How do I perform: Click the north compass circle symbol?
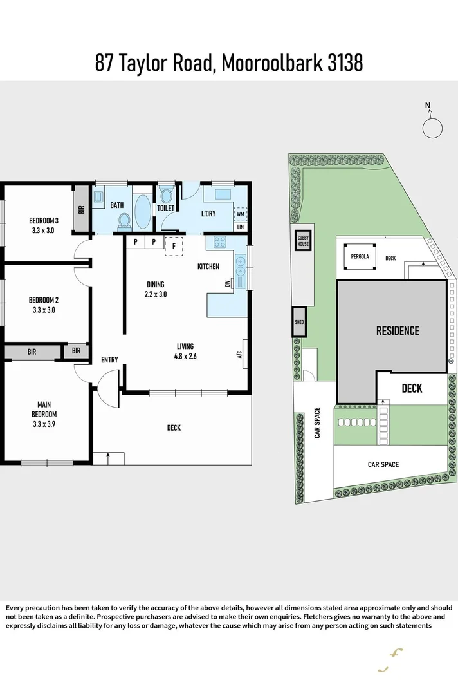[x=432, y=127]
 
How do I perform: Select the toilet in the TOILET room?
[x=166, y=195]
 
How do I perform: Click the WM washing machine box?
[x=240, y=214]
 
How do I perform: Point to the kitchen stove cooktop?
[x=219, y=243]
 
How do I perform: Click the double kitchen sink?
[x=240, y=269]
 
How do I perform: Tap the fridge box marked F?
[x=174, y=245]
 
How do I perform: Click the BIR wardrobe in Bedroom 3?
[x=81, y=209]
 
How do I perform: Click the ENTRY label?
[x=109, y=360]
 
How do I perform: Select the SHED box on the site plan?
[x=299, y=322]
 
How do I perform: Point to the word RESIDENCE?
[x=398, y=331]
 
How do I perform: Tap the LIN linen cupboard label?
[x=241, y=227]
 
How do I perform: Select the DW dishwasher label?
[x=227, y=283]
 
